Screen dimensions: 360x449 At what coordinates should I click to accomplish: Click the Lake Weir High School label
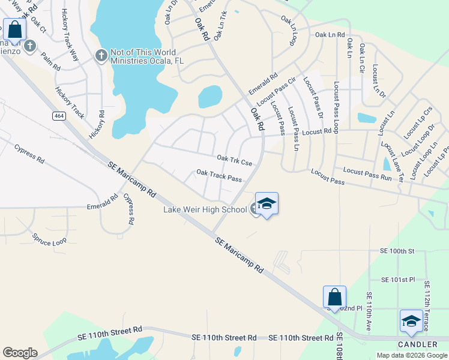pyautogui.click(x=205, y=209)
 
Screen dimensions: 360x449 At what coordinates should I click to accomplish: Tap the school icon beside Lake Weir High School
pyautogui.click(x=267, y=204)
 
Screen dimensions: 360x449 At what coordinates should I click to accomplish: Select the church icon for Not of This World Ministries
pyautogui.click(x=101, y=56)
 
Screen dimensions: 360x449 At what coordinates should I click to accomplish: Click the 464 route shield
pyautogui.click(x=58, y=116)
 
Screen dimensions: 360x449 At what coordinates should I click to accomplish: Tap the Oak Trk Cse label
pyautogui.click(x=234, y=160)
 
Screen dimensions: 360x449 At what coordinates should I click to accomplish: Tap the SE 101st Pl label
pyautogui.click(x=398, y=280)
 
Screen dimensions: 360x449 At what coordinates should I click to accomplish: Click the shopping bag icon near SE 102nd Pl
pyautogui.click(x=334, y=297)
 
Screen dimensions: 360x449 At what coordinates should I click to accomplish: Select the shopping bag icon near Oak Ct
pyautogui.click(x=14, y=29)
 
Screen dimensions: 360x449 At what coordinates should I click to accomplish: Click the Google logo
pyautogui.click(x=20, y=353)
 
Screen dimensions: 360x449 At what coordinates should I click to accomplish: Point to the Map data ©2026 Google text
pyautogui.click(x=411, y=355)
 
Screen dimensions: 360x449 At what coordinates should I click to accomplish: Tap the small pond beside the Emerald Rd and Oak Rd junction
pyautogui.click(x=210, y=96)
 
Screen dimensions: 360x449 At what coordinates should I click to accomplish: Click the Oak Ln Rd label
pyautogui.click(x=330, y=35)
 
